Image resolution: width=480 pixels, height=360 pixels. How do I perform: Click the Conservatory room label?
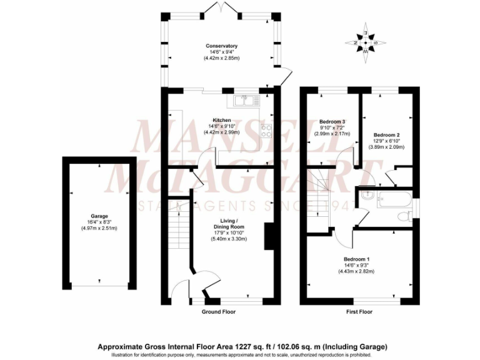[222, 46]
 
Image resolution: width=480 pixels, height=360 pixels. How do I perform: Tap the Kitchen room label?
[222, 120]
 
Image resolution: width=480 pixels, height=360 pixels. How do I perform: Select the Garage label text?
[99, 216]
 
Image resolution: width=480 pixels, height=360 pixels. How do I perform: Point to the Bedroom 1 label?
[356, 259]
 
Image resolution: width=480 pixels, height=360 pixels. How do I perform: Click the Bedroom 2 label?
[386, 135]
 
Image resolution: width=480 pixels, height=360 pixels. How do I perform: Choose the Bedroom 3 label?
[332, 121]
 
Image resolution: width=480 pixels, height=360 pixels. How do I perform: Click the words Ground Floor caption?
[218, 311]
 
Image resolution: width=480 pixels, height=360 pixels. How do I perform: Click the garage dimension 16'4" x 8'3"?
[99, 222]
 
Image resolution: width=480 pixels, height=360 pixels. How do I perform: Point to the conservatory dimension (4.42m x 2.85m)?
[222, 58]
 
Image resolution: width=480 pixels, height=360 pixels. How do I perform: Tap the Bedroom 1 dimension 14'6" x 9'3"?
[356, 265]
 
